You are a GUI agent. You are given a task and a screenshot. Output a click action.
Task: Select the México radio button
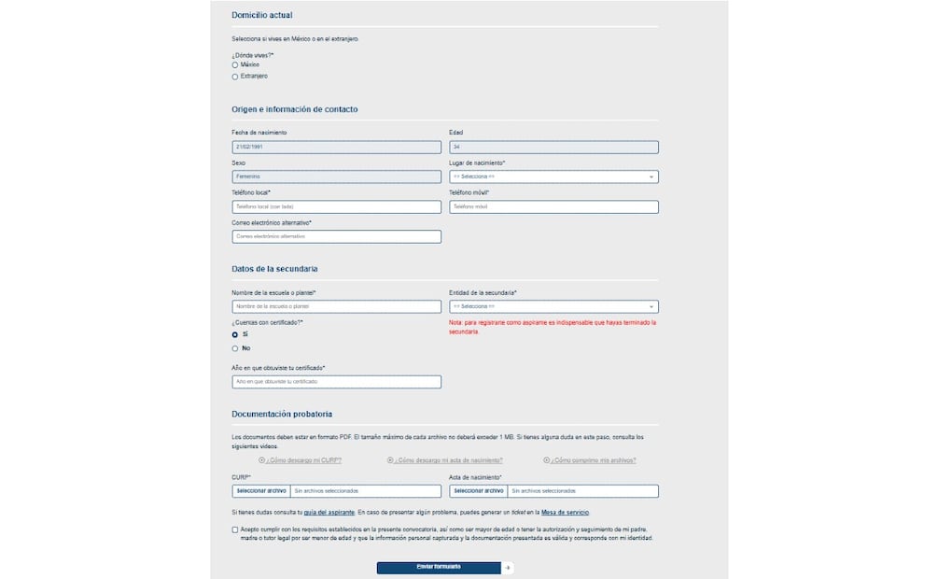tap(235, 64)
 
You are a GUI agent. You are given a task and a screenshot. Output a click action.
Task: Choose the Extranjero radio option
tap(235, 77)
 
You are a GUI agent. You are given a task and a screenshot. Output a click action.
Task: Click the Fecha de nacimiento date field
tap(336, 147)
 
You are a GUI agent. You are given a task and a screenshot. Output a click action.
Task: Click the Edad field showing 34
tap(553, 147)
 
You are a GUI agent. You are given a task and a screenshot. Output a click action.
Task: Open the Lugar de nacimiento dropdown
tap(553, 177)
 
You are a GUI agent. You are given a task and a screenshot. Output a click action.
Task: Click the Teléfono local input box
tap(336, 206)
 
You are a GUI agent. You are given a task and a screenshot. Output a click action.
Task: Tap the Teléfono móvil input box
tap(553, 206)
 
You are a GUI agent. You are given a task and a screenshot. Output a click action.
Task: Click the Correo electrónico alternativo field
tap(336, 236)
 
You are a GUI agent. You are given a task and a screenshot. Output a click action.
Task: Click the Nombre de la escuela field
tap(336, 306)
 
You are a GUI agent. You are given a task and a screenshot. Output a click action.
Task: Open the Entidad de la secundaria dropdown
tap(553, 306)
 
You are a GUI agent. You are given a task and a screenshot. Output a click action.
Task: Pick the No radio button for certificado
tap(235, 348)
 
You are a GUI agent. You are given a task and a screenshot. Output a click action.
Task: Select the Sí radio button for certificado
tap(235, 333)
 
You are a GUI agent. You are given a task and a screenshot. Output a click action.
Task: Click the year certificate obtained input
tap(336, 382)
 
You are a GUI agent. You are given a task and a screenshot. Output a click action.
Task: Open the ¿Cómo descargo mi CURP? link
tap(303, 460)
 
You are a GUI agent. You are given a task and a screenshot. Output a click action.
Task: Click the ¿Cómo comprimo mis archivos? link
tap(593, 460)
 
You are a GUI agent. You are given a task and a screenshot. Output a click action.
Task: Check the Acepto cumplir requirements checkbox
tap(235, 530)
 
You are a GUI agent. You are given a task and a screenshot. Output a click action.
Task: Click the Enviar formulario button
tap(439, 567)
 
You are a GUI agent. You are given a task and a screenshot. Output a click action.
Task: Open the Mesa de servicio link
tap(565, 513)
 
